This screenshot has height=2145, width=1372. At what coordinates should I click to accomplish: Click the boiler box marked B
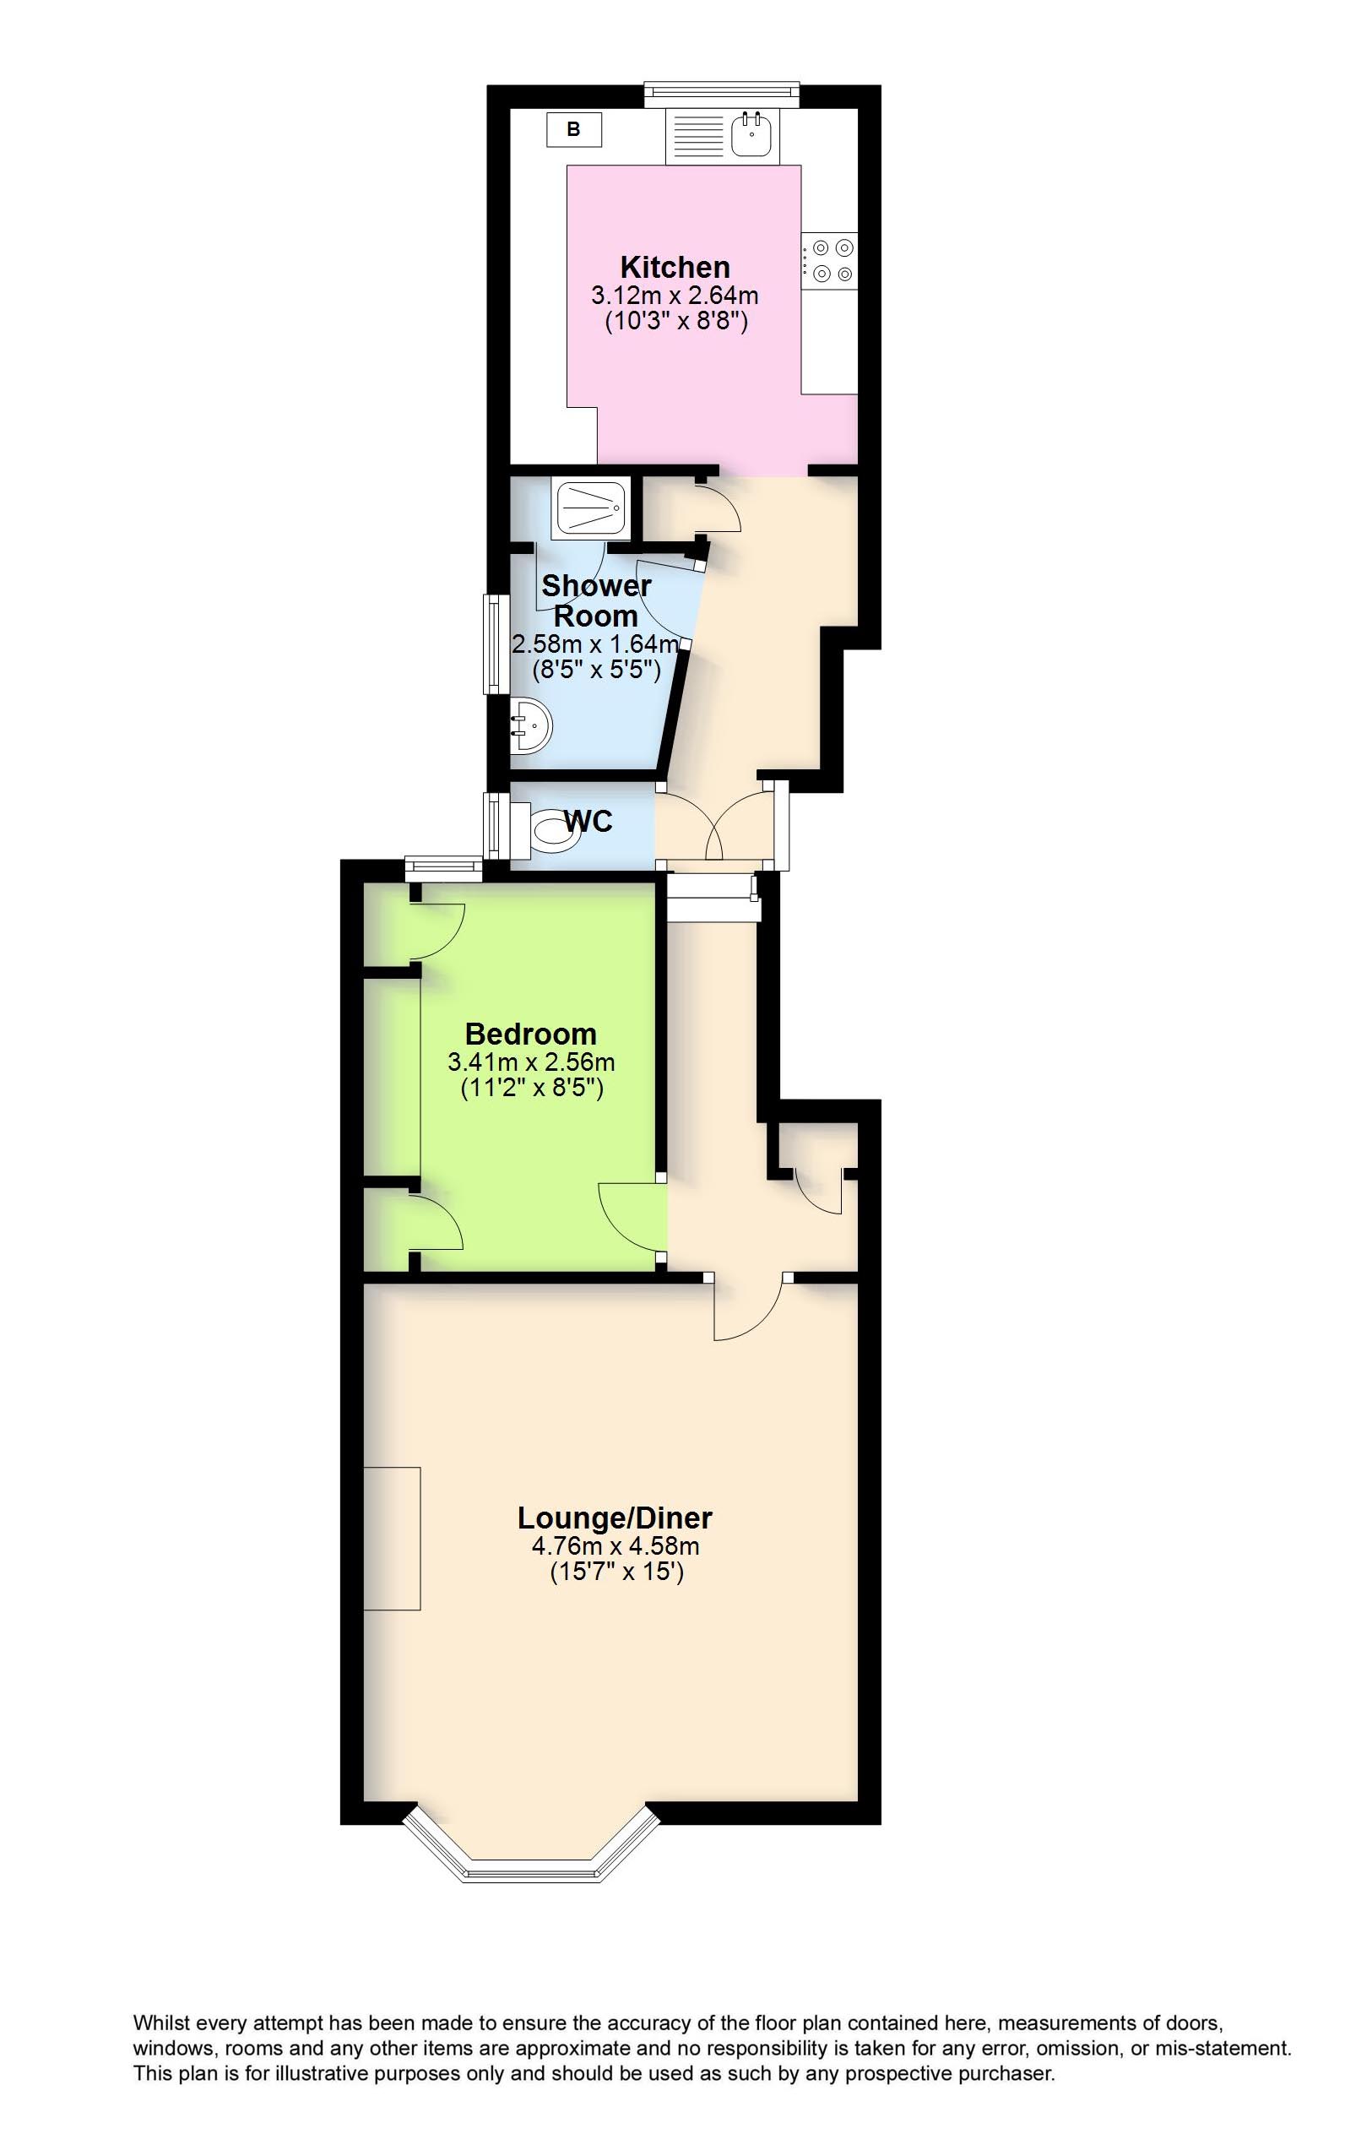coord(574,129)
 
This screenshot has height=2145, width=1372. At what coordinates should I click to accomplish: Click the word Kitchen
coord(675,267)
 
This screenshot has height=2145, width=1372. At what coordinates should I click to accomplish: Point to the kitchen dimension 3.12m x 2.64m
coord(675,294)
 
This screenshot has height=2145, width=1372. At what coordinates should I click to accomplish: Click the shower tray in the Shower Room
coord(593,510)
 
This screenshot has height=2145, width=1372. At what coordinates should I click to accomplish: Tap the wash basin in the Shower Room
coord(532,725)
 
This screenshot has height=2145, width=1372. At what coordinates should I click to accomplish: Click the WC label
coord(588,821)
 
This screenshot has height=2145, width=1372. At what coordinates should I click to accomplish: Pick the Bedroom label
coord(531,1034)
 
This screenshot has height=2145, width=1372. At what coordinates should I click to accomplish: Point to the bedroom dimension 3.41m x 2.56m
coord(532,1062)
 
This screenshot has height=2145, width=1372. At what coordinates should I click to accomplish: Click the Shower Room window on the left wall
coord(491,644)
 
